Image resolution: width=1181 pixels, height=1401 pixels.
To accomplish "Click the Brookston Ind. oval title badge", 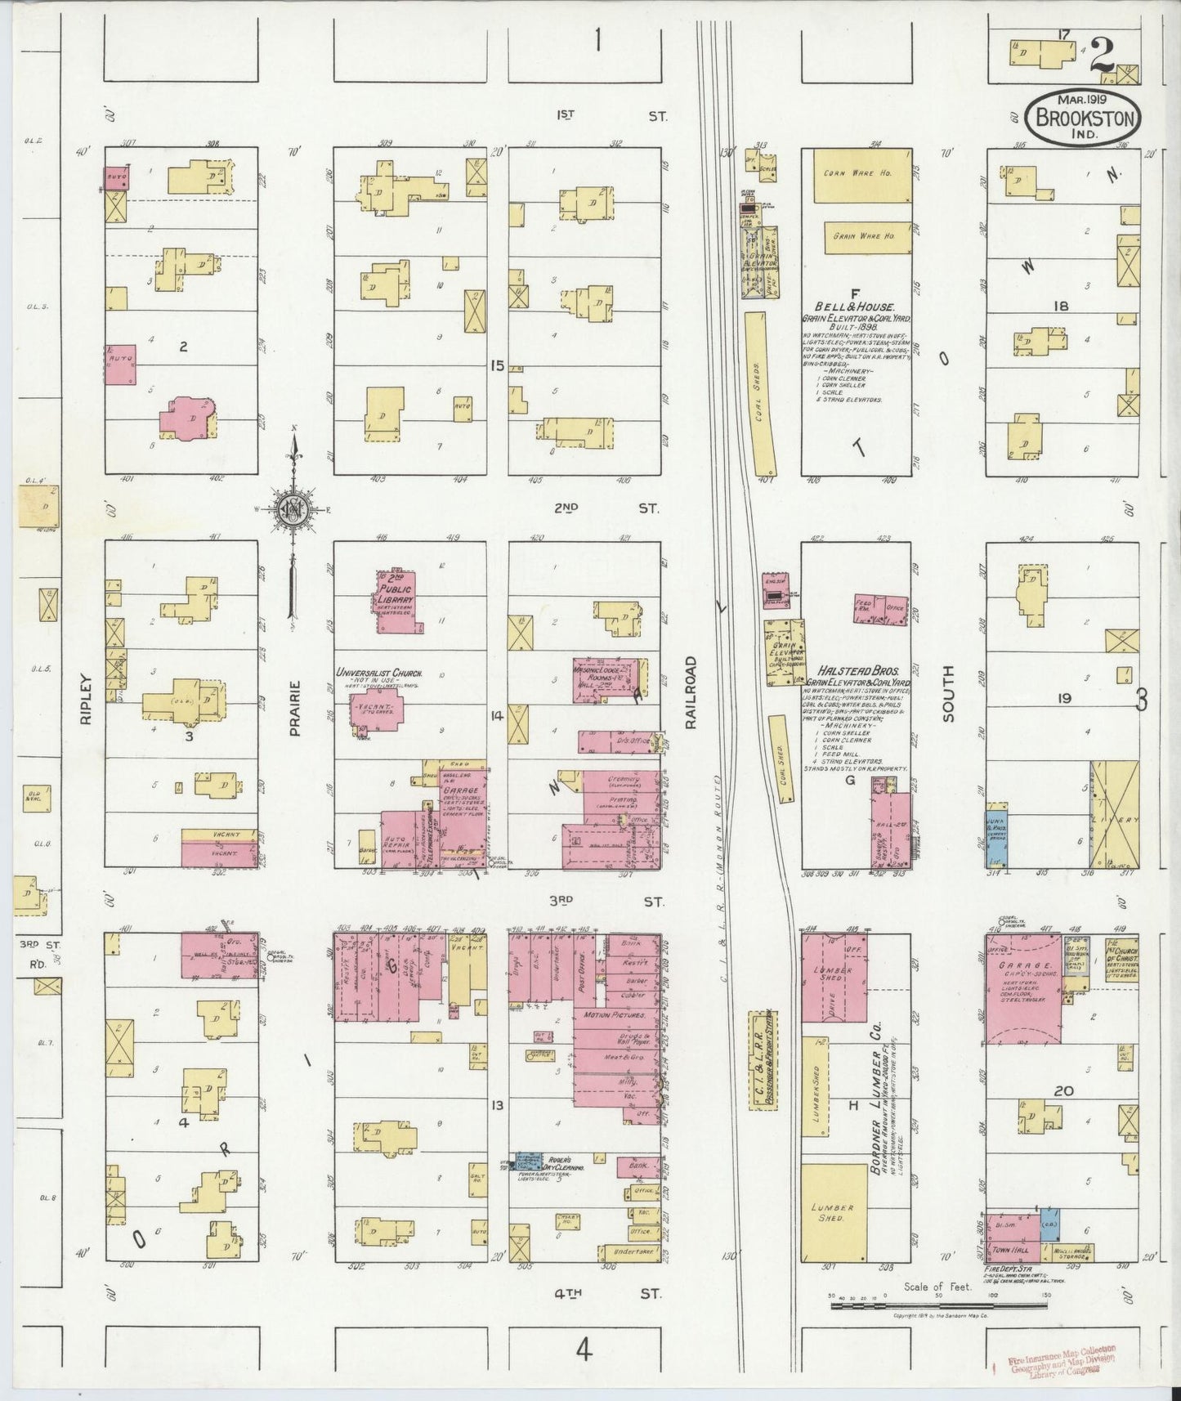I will click(1084, 116).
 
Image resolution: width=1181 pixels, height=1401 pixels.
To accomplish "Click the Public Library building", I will click(396, 601).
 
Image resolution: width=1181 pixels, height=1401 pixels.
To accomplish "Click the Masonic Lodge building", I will click(609, 678).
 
